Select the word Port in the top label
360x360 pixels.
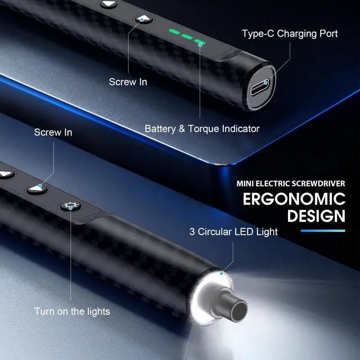pos(327,34)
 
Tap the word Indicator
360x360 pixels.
pos(240,129)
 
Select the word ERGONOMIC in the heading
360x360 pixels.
pos(294,199)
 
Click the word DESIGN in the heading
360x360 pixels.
pos(316,216)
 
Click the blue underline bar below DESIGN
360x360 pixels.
pos(323,230)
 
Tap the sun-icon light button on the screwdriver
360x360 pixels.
pos(70,206)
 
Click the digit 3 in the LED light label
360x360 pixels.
pos(192,231)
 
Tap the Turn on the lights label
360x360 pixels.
pos(72,311)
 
